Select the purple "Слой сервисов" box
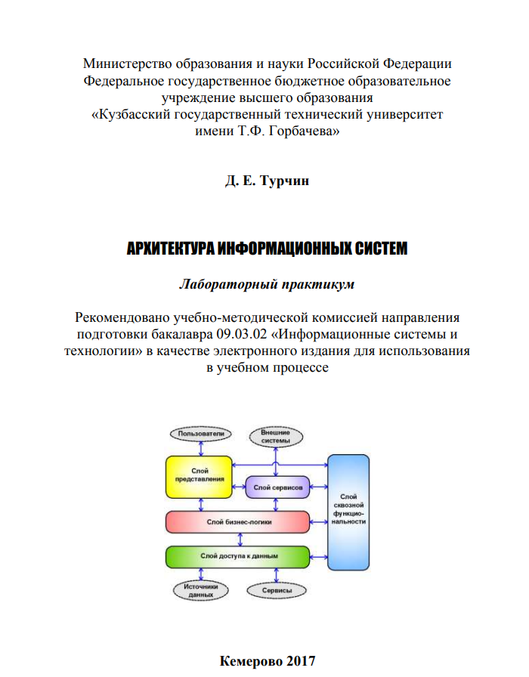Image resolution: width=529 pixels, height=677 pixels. (x=278, y=488)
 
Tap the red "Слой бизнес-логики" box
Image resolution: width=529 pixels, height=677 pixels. (x=238, y=522)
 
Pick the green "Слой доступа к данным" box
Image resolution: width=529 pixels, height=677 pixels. (x=238, y=557)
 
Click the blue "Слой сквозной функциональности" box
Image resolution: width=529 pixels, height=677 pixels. (x=348, y=512)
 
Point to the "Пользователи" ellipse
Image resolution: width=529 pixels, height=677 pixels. (x=198, y=434)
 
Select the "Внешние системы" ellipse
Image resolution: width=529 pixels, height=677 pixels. (x=275, y=436)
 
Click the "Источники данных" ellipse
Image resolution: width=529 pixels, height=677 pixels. (x=202, y=590)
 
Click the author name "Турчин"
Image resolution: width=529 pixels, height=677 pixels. (x=284, y=182)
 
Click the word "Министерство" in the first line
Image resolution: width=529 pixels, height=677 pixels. (x=127, y=63)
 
